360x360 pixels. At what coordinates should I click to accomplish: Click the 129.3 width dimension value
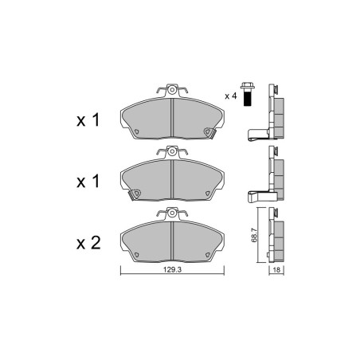click(x=172, y=270)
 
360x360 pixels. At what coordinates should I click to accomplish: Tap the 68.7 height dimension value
click(x=254, y=235)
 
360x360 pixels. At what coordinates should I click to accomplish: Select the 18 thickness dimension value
click(x=276, y=270)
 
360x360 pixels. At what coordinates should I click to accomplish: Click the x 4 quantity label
click(x=230, y=96)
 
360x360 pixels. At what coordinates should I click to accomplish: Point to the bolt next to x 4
click(x=248, y=94)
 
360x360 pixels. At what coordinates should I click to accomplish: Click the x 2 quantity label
click(x=88, y=243)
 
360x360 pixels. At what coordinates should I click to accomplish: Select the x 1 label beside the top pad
click(x=88, y=119)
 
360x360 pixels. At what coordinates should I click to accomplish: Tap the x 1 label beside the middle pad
click(x=88, y=182)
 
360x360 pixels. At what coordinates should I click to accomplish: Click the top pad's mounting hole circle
click(x=172, y=90)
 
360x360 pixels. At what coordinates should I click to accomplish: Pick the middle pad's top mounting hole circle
click(x=172, y=151)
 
